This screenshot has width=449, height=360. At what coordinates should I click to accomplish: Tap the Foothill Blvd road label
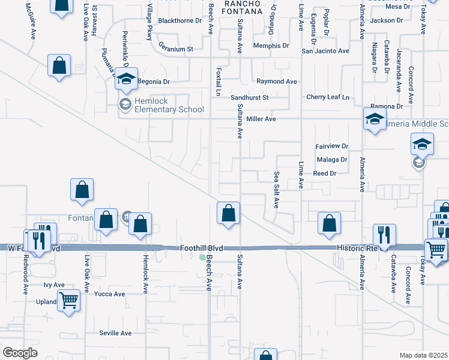[x=202, y=247]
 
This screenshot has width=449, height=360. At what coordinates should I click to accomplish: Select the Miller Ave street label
[x=261, y=119]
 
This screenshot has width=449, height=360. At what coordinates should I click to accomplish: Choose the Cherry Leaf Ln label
[x=327, y=97]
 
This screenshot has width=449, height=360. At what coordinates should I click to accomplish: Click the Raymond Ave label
[x=277, y=81]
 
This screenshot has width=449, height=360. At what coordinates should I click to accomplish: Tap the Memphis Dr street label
[x=271, y=46]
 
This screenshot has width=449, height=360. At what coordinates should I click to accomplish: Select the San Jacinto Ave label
[x=325, y=51]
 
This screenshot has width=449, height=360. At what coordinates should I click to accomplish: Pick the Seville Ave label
[x=115, y=333]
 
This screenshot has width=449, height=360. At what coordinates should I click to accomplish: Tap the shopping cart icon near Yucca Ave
[x=69, y=299]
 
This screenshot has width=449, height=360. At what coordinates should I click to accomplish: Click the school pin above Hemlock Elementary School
[x=127, y=79]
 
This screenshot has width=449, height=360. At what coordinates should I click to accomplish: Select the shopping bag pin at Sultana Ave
[x=228, y=213]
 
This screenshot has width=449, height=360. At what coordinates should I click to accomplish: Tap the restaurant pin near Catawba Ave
[x=384, y=235]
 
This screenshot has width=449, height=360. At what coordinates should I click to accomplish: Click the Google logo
[x=20, y=353]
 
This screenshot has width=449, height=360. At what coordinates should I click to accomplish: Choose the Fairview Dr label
[x=332, y=146]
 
